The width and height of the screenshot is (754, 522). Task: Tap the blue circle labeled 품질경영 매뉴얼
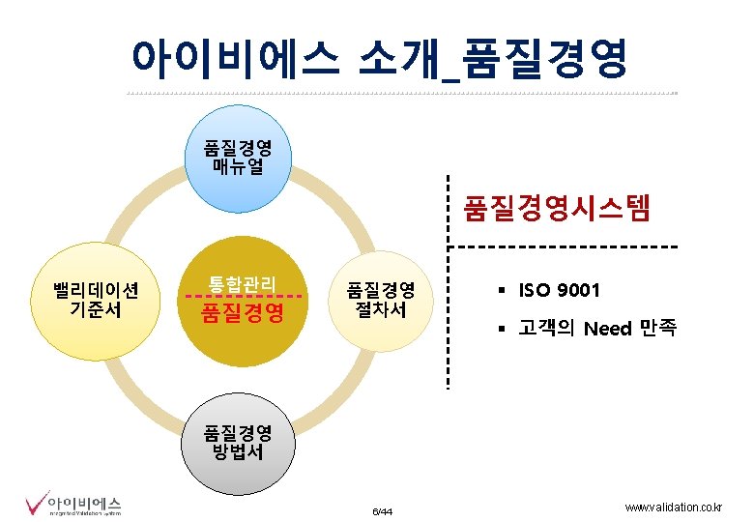pyautogui.click(x=237, y=158)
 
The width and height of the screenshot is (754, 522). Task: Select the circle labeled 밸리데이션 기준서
pyautogui.click(x=98, y=299)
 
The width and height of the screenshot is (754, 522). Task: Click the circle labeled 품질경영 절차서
pyautogui.click(x=381, y=300)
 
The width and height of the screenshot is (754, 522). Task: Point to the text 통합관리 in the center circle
pyautogui.click(x=242, y=283)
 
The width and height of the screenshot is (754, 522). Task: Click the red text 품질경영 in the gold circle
pyautogui.click(x=242, y=313)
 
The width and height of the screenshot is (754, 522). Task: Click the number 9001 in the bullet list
pyautogui.click(x=578, y=290)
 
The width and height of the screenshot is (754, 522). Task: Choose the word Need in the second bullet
pyautogui.click(x=606, y=329)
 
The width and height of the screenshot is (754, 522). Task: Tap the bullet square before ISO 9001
pyautogui.click(x=503, y=290)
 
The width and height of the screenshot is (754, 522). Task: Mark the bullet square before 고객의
pyautogui.click(x=503, y=329)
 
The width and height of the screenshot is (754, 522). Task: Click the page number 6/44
pyautogui.click(x=382, y=510)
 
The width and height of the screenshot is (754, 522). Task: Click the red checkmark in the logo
pyautogui.click(x=35, y=504)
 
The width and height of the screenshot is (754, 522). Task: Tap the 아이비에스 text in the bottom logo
pyautogui.click(x=85, y=502)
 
